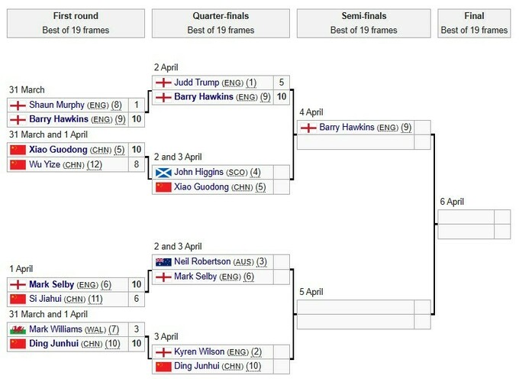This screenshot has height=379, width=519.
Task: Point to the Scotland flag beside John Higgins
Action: click(x=163, y=173)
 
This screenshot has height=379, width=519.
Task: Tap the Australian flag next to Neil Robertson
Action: click(x=163, y=262)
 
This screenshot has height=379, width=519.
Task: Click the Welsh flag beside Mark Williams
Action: click(x=18, y=329)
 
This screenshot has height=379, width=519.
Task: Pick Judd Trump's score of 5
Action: click(x=282, y=83)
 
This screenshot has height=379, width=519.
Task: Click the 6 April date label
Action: click(x=452, y=202)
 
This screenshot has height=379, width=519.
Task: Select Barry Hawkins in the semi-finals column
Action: click(x=348, y=128)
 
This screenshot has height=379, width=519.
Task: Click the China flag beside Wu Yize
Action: click(x=18, y=164)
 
